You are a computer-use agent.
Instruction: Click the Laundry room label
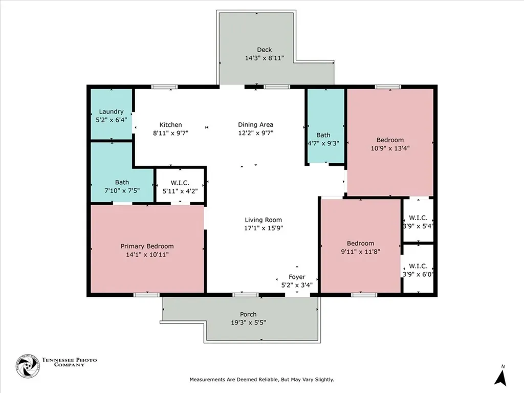click(x=111, y=112)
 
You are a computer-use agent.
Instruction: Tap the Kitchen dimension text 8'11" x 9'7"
click(x=171, y=133)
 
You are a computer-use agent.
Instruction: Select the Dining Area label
click(x=256, y=125)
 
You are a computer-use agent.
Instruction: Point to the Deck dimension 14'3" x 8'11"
click(x=265, y=58)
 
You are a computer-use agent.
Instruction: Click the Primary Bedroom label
click(x=147, y=246)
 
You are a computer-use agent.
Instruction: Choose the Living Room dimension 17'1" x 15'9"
click(x=264, y=228)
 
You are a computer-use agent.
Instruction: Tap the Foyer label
click(x=297, y=277)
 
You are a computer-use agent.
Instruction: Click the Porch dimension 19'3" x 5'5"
click(x=248, y=323)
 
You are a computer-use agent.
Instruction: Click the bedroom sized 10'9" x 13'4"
click(x=390, y=142)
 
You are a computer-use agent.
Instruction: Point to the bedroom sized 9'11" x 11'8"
click(x=361, y=246)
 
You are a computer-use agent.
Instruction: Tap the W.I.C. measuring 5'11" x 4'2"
click(x=180, y=185)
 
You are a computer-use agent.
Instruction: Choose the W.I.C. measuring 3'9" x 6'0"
click(x=418, y=269)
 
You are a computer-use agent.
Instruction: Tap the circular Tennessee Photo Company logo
click(x=28, y=366)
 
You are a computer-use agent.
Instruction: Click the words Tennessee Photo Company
click(x=69, y=362)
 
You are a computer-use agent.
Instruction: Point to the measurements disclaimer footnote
click(x=262, y=380)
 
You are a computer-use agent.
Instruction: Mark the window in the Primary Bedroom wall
click(x=146, y=295)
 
